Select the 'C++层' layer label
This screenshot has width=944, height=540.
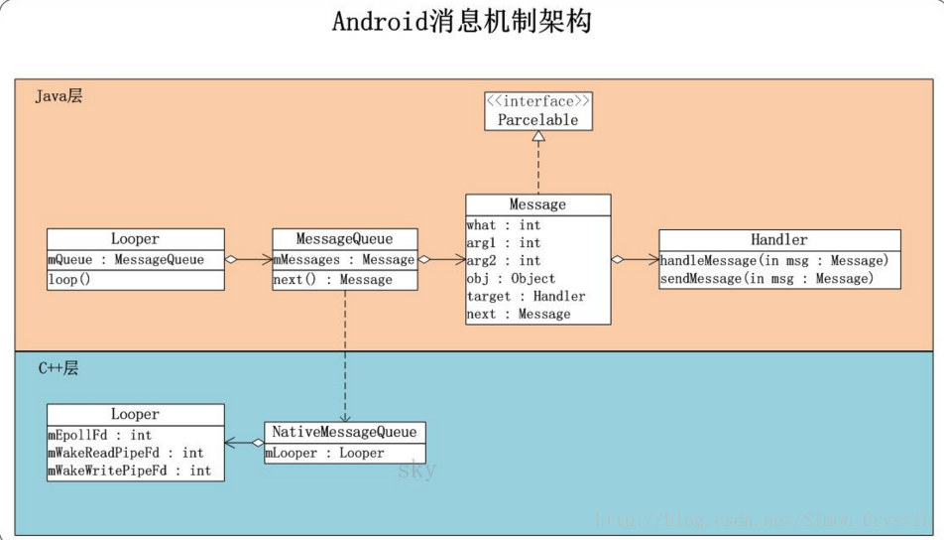point(59,368)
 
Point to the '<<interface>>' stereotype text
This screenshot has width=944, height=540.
point(537,101)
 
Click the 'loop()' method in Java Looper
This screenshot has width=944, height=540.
point(69,280)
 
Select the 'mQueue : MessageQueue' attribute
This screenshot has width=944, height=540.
point(126,260)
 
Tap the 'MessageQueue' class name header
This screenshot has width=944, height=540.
point(344,239)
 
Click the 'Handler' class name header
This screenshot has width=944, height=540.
point(778,239)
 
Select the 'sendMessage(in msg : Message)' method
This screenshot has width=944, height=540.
point(767,278)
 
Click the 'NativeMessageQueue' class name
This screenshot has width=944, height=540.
point(345,433)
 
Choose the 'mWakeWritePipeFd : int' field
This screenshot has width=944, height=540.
point(129,471)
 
